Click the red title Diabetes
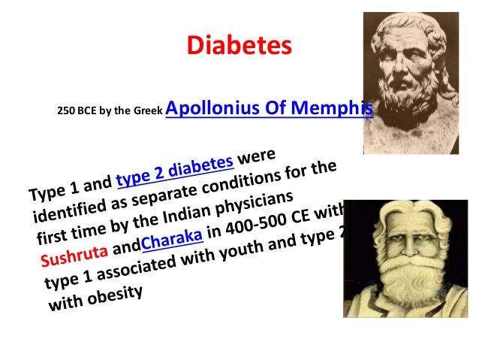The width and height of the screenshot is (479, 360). (239, 47)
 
